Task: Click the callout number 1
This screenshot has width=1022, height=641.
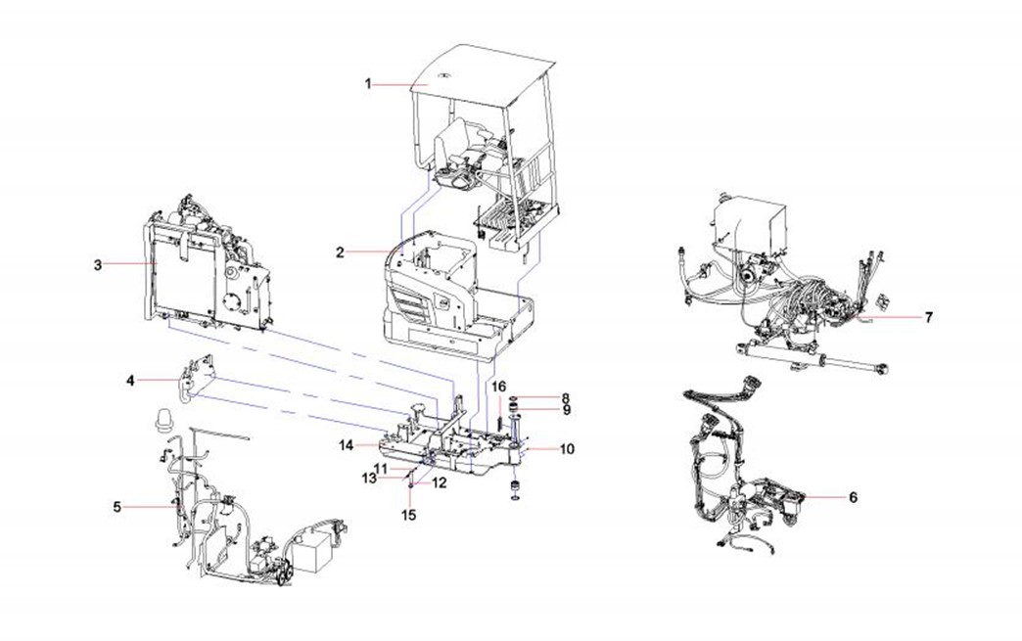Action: pos(369,85)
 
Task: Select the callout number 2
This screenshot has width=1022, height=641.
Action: pos(340,252)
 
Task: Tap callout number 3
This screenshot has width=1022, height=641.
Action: pos(98,264)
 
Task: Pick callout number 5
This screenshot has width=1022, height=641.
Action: pos(117,506)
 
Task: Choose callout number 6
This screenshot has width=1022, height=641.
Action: pos(853,497)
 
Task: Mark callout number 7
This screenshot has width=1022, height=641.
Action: pos(928,317)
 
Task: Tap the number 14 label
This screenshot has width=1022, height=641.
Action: pos(346,445)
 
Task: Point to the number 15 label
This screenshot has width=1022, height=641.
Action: pos(411,513)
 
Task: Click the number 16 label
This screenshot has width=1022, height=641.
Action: pos(497,386)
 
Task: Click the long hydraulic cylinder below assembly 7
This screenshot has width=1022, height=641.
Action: pos(813,360)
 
